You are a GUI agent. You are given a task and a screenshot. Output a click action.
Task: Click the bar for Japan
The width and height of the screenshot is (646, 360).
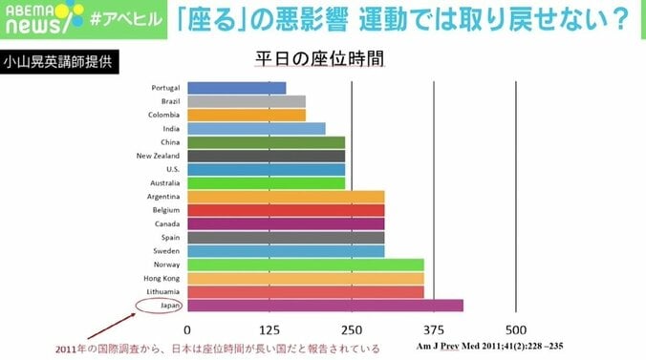(325, 306)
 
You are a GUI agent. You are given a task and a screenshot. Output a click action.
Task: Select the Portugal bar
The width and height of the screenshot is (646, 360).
(236, 88)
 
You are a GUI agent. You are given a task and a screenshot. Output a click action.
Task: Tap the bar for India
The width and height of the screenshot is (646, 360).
(256, 128)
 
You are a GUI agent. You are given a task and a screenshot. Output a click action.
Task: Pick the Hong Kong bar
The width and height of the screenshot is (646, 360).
(305, 278)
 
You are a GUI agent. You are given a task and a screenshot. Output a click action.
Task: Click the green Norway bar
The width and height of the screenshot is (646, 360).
(305, 265)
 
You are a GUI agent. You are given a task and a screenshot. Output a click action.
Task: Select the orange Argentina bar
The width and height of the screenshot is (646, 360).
(286, 196)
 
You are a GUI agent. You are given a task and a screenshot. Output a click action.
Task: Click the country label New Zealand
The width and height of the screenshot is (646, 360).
(158, 156)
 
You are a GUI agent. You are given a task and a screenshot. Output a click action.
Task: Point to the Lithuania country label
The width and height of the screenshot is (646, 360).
(161, 291)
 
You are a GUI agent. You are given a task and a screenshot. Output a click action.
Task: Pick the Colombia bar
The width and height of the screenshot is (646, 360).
(247, 115)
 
